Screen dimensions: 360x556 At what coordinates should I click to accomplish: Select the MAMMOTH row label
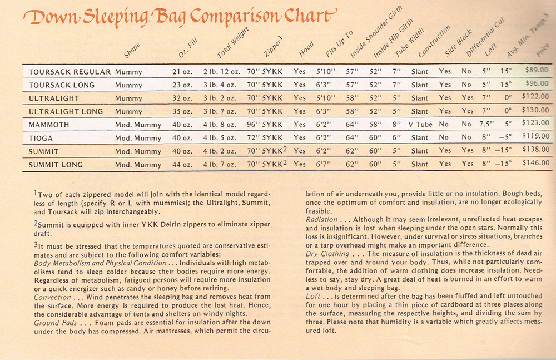(x=49, y=125)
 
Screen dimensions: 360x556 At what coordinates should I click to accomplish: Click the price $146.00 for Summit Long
(x=536, y=164)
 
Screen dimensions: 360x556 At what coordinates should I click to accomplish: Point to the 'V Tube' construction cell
(x=420, y=125)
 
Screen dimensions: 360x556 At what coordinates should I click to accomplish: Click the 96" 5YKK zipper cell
(x=265, y=125)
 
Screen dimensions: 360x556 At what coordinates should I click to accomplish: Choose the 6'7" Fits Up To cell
(x=325, y=165)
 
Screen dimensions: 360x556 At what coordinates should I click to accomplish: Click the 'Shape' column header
(x=132, y=51)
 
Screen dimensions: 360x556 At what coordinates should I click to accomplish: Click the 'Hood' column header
(x=306, y=51)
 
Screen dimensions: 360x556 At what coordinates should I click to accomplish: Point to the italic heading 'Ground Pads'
(x=54, y=322)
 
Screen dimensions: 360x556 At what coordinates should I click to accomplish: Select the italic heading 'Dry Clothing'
(x=327, y=253)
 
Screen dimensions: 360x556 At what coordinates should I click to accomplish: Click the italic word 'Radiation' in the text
(x=322, y=220)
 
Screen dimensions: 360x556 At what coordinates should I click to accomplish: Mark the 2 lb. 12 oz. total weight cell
(x=222, y=72)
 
